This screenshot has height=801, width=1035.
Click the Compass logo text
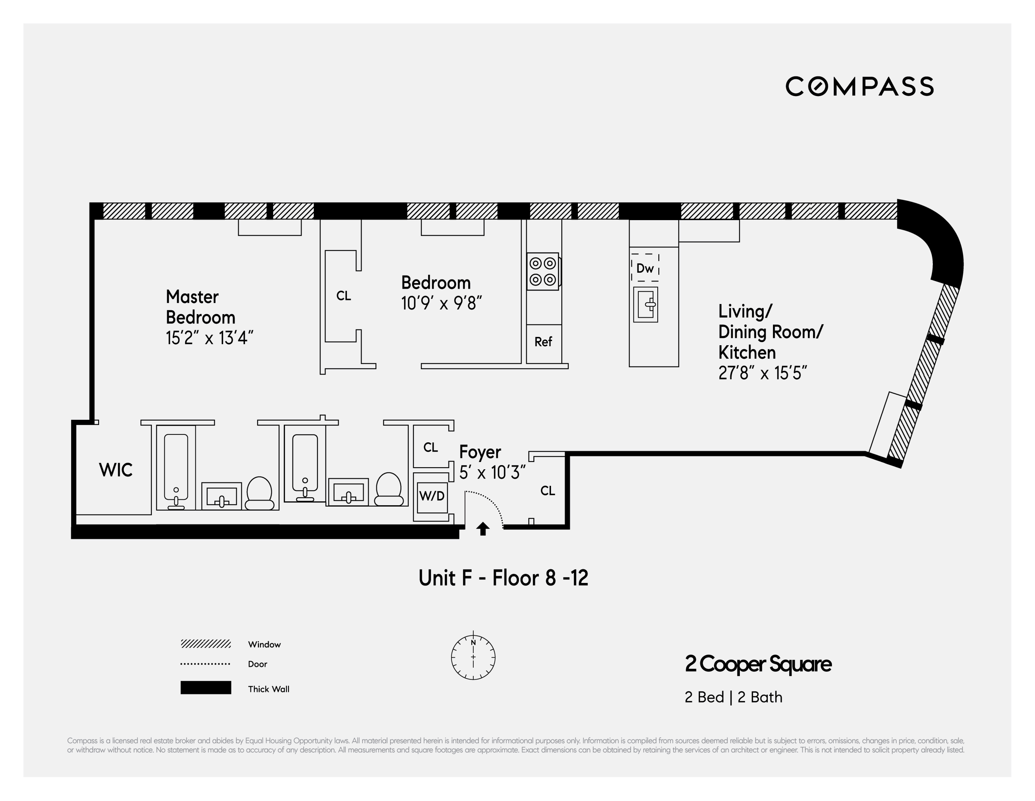[859, 86]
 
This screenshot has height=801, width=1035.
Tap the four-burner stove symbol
[543, 271]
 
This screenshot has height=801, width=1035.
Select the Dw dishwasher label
[645, 268]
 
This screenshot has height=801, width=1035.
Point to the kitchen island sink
[646, 304]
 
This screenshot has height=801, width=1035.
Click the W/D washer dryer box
[432, 496]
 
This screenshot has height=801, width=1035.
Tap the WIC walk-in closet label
[116, 470]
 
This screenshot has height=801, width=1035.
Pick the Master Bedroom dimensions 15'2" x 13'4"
[210, 338]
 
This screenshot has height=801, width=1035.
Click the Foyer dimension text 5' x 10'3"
[492, 472]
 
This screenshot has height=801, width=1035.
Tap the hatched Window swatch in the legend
[206, 643]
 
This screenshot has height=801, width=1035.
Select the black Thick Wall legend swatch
[206, 688]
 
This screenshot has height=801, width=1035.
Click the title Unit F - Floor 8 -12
[503, 578]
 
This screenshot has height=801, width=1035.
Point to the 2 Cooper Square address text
[758, 664]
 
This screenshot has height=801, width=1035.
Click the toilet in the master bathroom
[259, 493]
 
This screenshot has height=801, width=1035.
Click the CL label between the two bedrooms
[344, 296]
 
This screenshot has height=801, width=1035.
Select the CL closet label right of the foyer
[547, 491]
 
